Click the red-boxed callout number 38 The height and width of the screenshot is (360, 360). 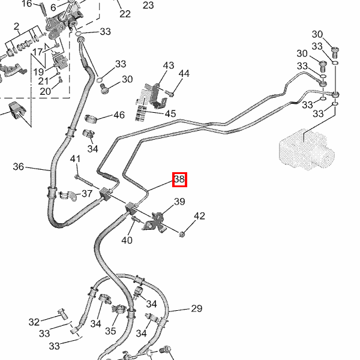coord(179,179)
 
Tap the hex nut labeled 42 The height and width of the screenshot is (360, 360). coord(182,233)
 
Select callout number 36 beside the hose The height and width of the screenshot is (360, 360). coord(19,166)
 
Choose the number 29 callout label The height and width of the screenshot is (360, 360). coord(196,309)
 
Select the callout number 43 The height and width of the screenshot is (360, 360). coord(168,65)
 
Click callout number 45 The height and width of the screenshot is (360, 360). coord(170,113)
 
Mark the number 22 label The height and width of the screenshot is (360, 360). coord(125,14)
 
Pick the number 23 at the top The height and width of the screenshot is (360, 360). coord(148,5)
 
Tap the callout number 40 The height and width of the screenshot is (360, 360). coord(127,241)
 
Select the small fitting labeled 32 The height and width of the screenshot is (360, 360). coord(61,313)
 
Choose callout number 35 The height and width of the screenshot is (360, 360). coord(110,331)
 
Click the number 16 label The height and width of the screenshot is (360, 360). coord(26,4)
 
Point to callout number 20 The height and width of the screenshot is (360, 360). coord(45,91)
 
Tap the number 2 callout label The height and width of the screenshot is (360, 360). coord(16,27)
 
